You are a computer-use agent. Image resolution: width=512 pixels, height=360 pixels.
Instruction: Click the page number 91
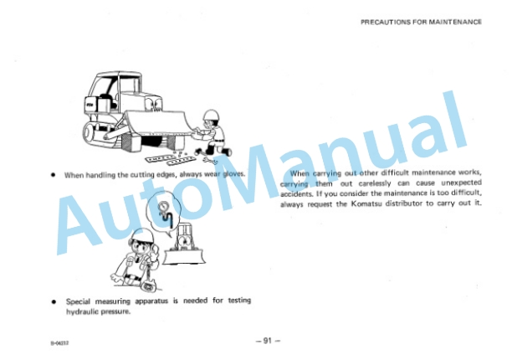[x=268, y=341]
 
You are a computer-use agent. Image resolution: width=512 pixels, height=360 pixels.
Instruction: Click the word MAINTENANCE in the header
[x=455, y=22]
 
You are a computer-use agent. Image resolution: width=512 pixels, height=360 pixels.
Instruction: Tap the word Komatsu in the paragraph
[x=366, y=203]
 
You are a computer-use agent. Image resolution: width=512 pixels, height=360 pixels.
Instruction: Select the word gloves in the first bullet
[x=233, y=174]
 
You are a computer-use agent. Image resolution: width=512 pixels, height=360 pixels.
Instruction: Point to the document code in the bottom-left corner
[x=59, y=343]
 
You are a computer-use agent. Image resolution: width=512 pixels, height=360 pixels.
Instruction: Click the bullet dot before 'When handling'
[x=54, y=175]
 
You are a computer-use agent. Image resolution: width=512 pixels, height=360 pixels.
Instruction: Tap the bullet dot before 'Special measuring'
[x=54, y=301]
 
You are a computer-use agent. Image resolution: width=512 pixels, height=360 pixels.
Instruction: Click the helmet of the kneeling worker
[x=211, y=115]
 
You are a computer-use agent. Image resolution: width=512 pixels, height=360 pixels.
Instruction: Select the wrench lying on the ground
[x=210, y=160]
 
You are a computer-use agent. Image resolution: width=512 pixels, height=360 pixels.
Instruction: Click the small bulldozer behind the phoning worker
[x=185, y=245]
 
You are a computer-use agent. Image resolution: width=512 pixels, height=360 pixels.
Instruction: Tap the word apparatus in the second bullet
[x=151, y=301]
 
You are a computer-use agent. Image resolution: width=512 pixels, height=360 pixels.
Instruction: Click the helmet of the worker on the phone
[x=141, y=235]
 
